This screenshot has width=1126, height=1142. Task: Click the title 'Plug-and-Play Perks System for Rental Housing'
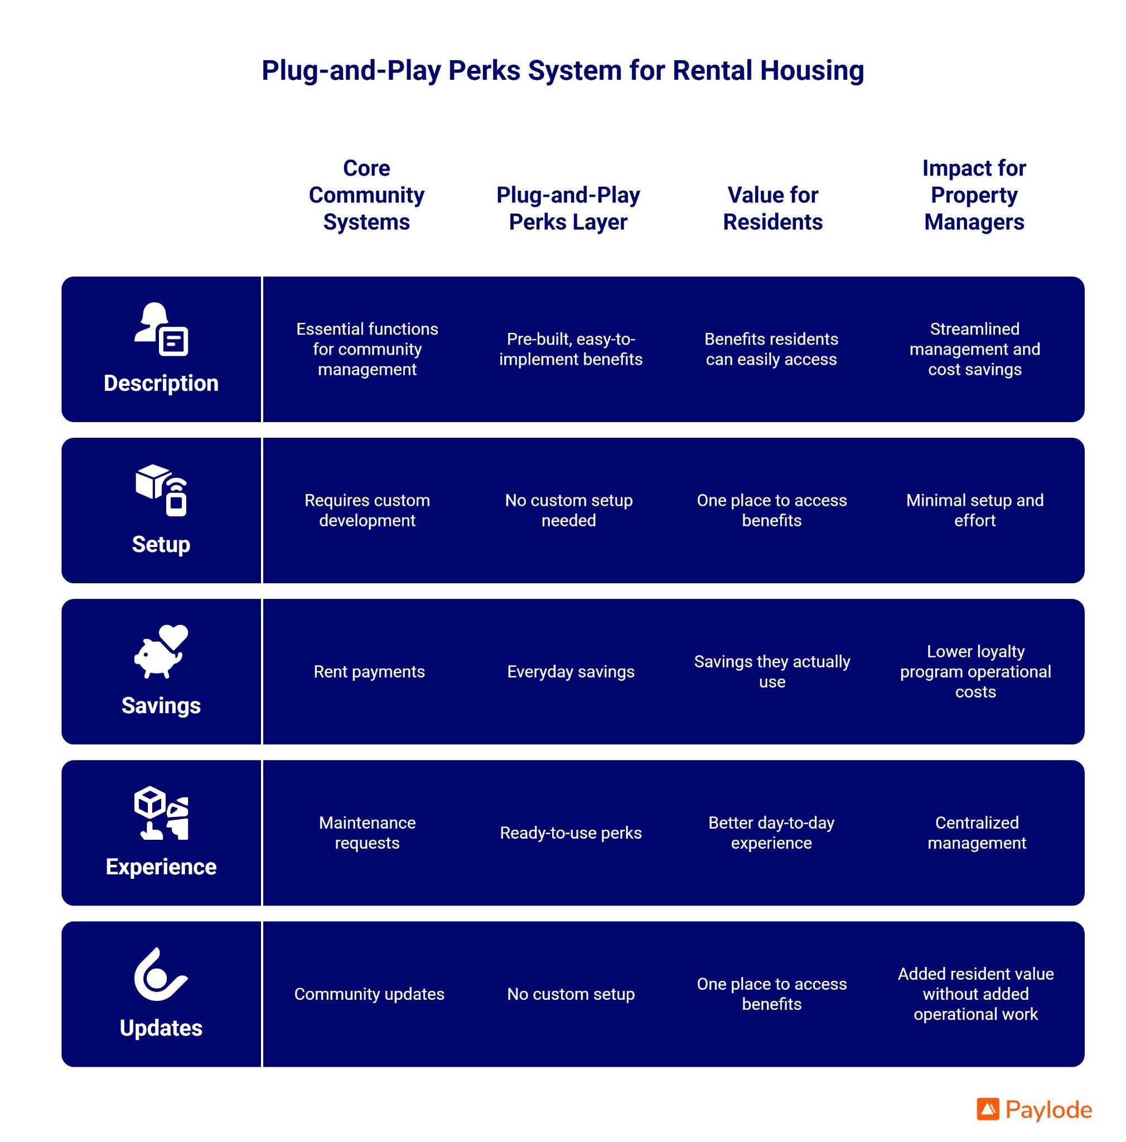pyautogui.click(x=562, y=70)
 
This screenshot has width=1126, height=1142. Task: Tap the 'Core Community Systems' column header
pyautogui.click(x=366, y=195)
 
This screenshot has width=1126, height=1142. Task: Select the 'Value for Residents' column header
pyautogui.click(x=772, y=208)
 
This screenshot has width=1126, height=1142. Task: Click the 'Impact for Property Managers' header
pyautogui.click(x=974, y=195)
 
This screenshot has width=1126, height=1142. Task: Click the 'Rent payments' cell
pyautogui.click(x=369, y=671)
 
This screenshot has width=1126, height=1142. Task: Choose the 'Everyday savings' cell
pyautogui.click(x=571, y=671)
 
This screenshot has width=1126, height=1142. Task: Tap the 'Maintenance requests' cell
pyautogui.click(x=367, y=833)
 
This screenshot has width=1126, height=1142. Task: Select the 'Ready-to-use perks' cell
pyautogui.click(x=571, y=833)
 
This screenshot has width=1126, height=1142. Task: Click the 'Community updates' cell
pyautogui.click(x=369, y=994)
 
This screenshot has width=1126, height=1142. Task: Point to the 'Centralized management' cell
pyautogui.click(x=976, y=833)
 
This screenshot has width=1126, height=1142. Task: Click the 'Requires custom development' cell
pyautogui.click(x=367, y=510)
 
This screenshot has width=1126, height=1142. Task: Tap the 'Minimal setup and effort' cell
pyautogui.click(x=974, y=510)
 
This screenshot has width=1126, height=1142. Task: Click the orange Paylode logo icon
pyautogui.click(x=988, y=1110)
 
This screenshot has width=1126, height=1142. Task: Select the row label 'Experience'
pyautogui.click(x=161, y=867)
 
